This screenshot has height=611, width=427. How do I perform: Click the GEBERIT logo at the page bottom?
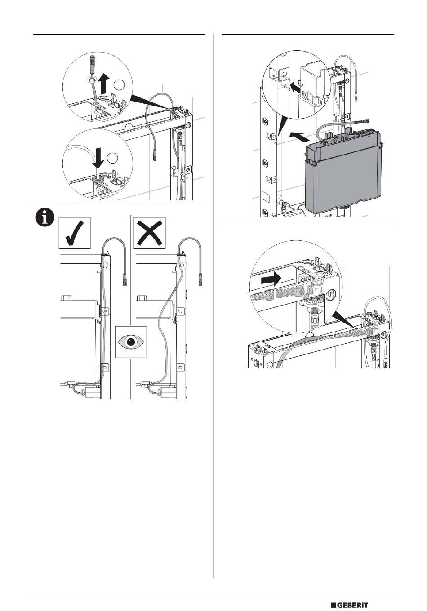(349, 597)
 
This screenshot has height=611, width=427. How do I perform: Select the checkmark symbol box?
(75, 233)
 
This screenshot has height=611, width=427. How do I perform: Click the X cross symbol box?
(150, 233)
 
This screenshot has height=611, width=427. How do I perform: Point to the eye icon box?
(131, 342)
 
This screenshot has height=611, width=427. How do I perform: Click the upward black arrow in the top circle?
(104, 84)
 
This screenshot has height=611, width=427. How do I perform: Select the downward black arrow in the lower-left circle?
(98, 158)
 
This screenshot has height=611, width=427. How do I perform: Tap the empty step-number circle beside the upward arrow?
(119, 85)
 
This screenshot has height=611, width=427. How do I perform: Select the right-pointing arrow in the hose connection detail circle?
(271, 279)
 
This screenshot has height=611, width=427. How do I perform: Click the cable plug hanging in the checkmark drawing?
(125, 280)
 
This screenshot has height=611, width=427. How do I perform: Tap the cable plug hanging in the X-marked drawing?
(200, 280)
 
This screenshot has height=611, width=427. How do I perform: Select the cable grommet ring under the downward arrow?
(98, 178)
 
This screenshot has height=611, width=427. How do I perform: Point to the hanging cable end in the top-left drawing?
(155, 155)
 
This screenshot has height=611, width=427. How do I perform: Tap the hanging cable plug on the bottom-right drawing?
(385, 360)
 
